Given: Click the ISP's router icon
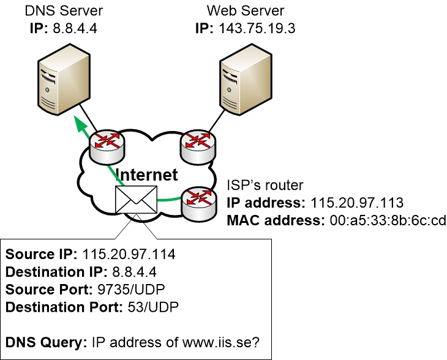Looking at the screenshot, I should coord(198,201).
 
